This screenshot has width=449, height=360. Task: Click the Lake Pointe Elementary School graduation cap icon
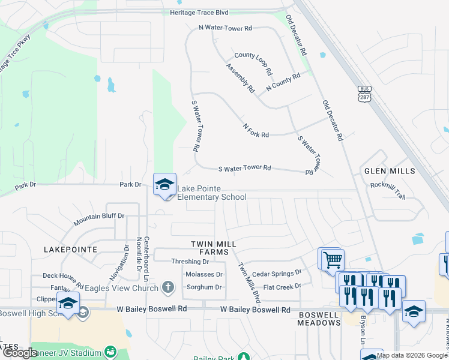164,184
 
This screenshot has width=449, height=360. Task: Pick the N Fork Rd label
256,131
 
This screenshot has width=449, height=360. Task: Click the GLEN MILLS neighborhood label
390,171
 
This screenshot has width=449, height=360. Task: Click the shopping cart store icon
332,260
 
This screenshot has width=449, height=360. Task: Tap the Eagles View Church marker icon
167,287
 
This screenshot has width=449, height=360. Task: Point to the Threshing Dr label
190,262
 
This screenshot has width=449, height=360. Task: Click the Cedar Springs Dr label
276,273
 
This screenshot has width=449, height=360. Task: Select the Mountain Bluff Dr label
99,219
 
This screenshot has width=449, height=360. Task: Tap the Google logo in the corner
20,353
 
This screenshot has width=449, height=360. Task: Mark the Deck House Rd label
62,277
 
